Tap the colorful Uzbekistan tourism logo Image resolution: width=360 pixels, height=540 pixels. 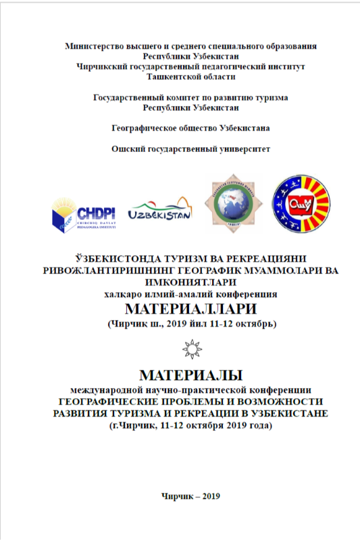[159, 211]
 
